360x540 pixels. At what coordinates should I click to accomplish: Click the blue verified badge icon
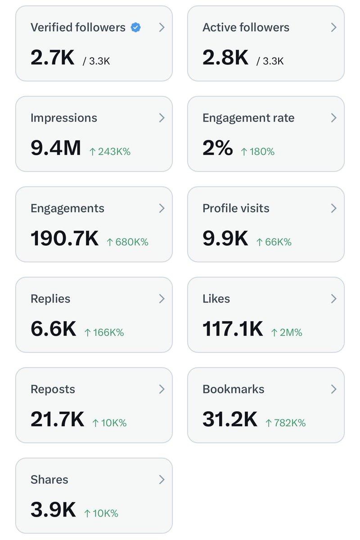pyautogui.click(x=135, y=27)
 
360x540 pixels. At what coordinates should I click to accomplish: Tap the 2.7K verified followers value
pyautogui.click(x=53, y=58)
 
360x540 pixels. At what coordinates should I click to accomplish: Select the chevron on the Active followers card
pyautogui.click(x=334, y=27)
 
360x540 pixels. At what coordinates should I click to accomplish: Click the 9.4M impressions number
pyautogui.click(x=56, y=148)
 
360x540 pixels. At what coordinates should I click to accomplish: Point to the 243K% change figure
pyautogui.click(x=110, y=152)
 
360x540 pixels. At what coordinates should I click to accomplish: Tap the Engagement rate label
pyautogui.click(x=248, y=118)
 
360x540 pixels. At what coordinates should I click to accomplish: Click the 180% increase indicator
pyautogui.click(x=258, y=152)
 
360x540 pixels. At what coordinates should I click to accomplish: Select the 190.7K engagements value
pyautogui.click(x=65, y=238)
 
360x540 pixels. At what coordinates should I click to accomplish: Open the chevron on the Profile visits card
pyautogui.click(x=334, y=208)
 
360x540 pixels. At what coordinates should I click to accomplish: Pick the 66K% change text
pyautogui.click(x=274, y=242)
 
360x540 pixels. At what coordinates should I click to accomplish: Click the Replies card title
pyautogui.click(x=50, y=299)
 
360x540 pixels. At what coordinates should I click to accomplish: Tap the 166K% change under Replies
pyautogui.click(x=104, y=333)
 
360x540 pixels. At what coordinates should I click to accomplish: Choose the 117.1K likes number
pyautogui.click(x=233, y=328)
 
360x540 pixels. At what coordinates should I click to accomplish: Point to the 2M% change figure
pyautogui.click(x=287, y=333)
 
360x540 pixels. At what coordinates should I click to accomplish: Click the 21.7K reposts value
pyautogui.click(x=58, y=419)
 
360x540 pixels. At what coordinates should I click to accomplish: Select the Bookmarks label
pyautogui.click(x=234, y=389)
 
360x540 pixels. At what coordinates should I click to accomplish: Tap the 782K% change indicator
pyautogui.click(x=285, y=423)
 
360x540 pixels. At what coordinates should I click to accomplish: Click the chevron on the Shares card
pyautogui.click(x=162, y=480)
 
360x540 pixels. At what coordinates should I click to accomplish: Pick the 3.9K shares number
pyautogui.click(x=53, y=509)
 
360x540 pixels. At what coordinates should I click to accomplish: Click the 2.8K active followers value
pyautogui.click(x=225, y=58)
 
